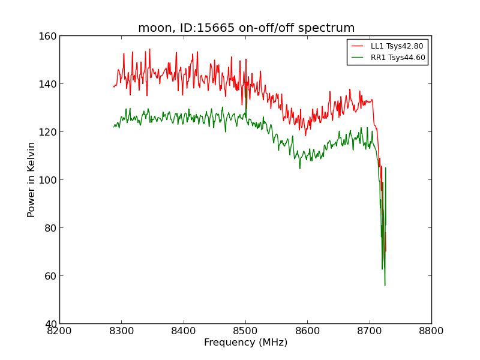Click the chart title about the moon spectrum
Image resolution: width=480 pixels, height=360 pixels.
click(x=246, y=28)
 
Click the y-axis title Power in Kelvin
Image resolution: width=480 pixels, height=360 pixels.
click(x=31, y=179)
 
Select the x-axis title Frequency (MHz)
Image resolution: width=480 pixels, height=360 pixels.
click(x=245, y=343)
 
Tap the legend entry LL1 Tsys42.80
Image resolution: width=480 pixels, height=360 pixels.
click(x=397, y=46)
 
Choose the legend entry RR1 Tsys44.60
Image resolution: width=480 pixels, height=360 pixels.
click(x=397, y=58)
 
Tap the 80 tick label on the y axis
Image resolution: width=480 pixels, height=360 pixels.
click(x=50, y=228)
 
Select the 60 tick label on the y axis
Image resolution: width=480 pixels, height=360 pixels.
click(x=50, y=276)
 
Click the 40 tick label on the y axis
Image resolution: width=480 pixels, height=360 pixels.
click(x=50, y=324)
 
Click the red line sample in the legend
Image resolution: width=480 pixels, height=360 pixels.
click(x=358, y=46)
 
